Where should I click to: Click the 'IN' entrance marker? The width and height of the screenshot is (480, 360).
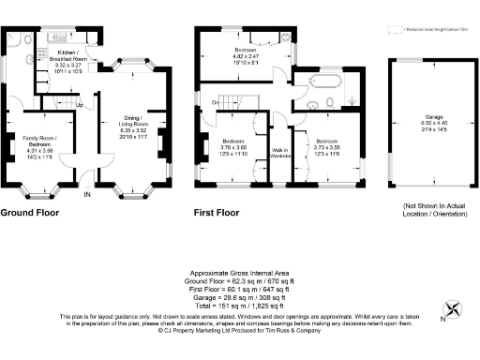tap(87, 194)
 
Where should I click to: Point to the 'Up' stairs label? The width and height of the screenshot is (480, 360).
tap(81, 104)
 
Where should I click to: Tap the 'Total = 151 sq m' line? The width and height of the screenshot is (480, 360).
tap(239, 306)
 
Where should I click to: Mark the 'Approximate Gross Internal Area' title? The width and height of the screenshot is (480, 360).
tap(239, 272)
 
